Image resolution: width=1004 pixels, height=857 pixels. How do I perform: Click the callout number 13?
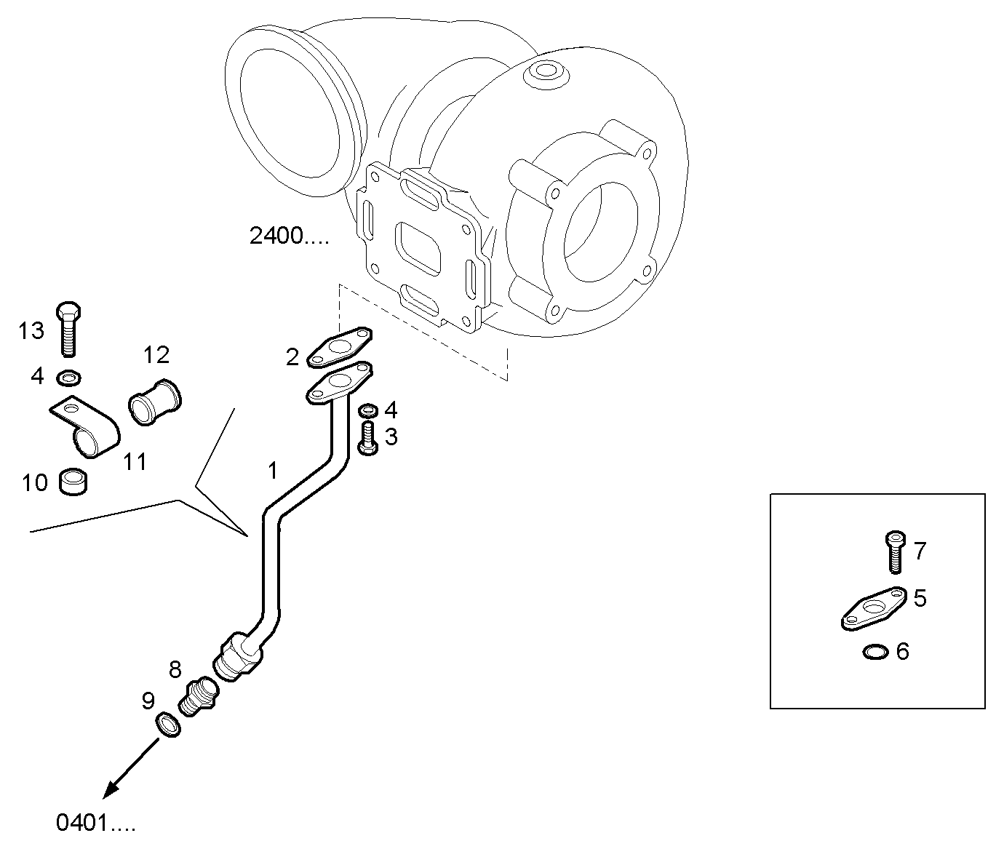(31, 331)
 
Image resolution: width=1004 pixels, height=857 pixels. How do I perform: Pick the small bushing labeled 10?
(73, 482)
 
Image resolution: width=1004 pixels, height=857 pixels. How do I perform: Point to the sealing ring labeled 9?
(168, 724)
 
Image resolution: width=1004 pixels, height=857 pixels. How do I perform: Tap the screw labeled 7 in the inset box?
(894, 551)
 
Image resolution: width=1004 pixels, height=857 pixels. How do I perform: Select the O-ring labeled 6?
(875, 652)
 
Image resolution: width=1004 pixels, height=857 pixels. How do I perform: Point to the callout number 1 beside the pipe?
(272, 471)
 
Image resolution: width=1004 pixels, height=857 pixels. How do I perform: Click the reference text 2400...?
(288, 236)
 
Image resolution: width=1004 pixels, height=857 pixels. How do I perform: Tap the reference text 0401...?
(95, 823)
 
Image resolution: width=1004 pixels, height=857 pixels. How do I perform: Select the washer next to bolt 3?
(368, 410)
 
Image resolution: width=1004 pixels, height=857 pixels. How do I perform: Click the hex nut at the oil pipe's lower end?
(237, 656)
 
